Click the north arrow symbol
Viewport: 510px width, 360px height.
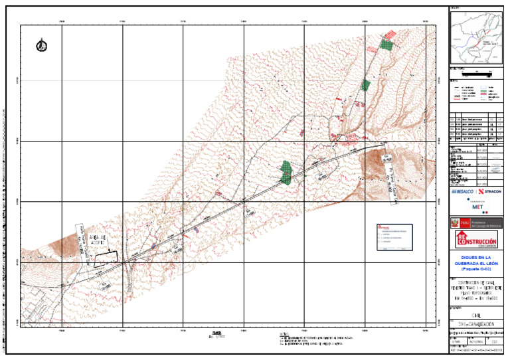(x=42, y=45)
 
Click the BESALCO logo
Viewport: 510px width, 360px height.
(x=463, y=191)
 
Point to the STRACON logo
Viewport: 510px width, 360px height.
(x=490, y=191)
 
